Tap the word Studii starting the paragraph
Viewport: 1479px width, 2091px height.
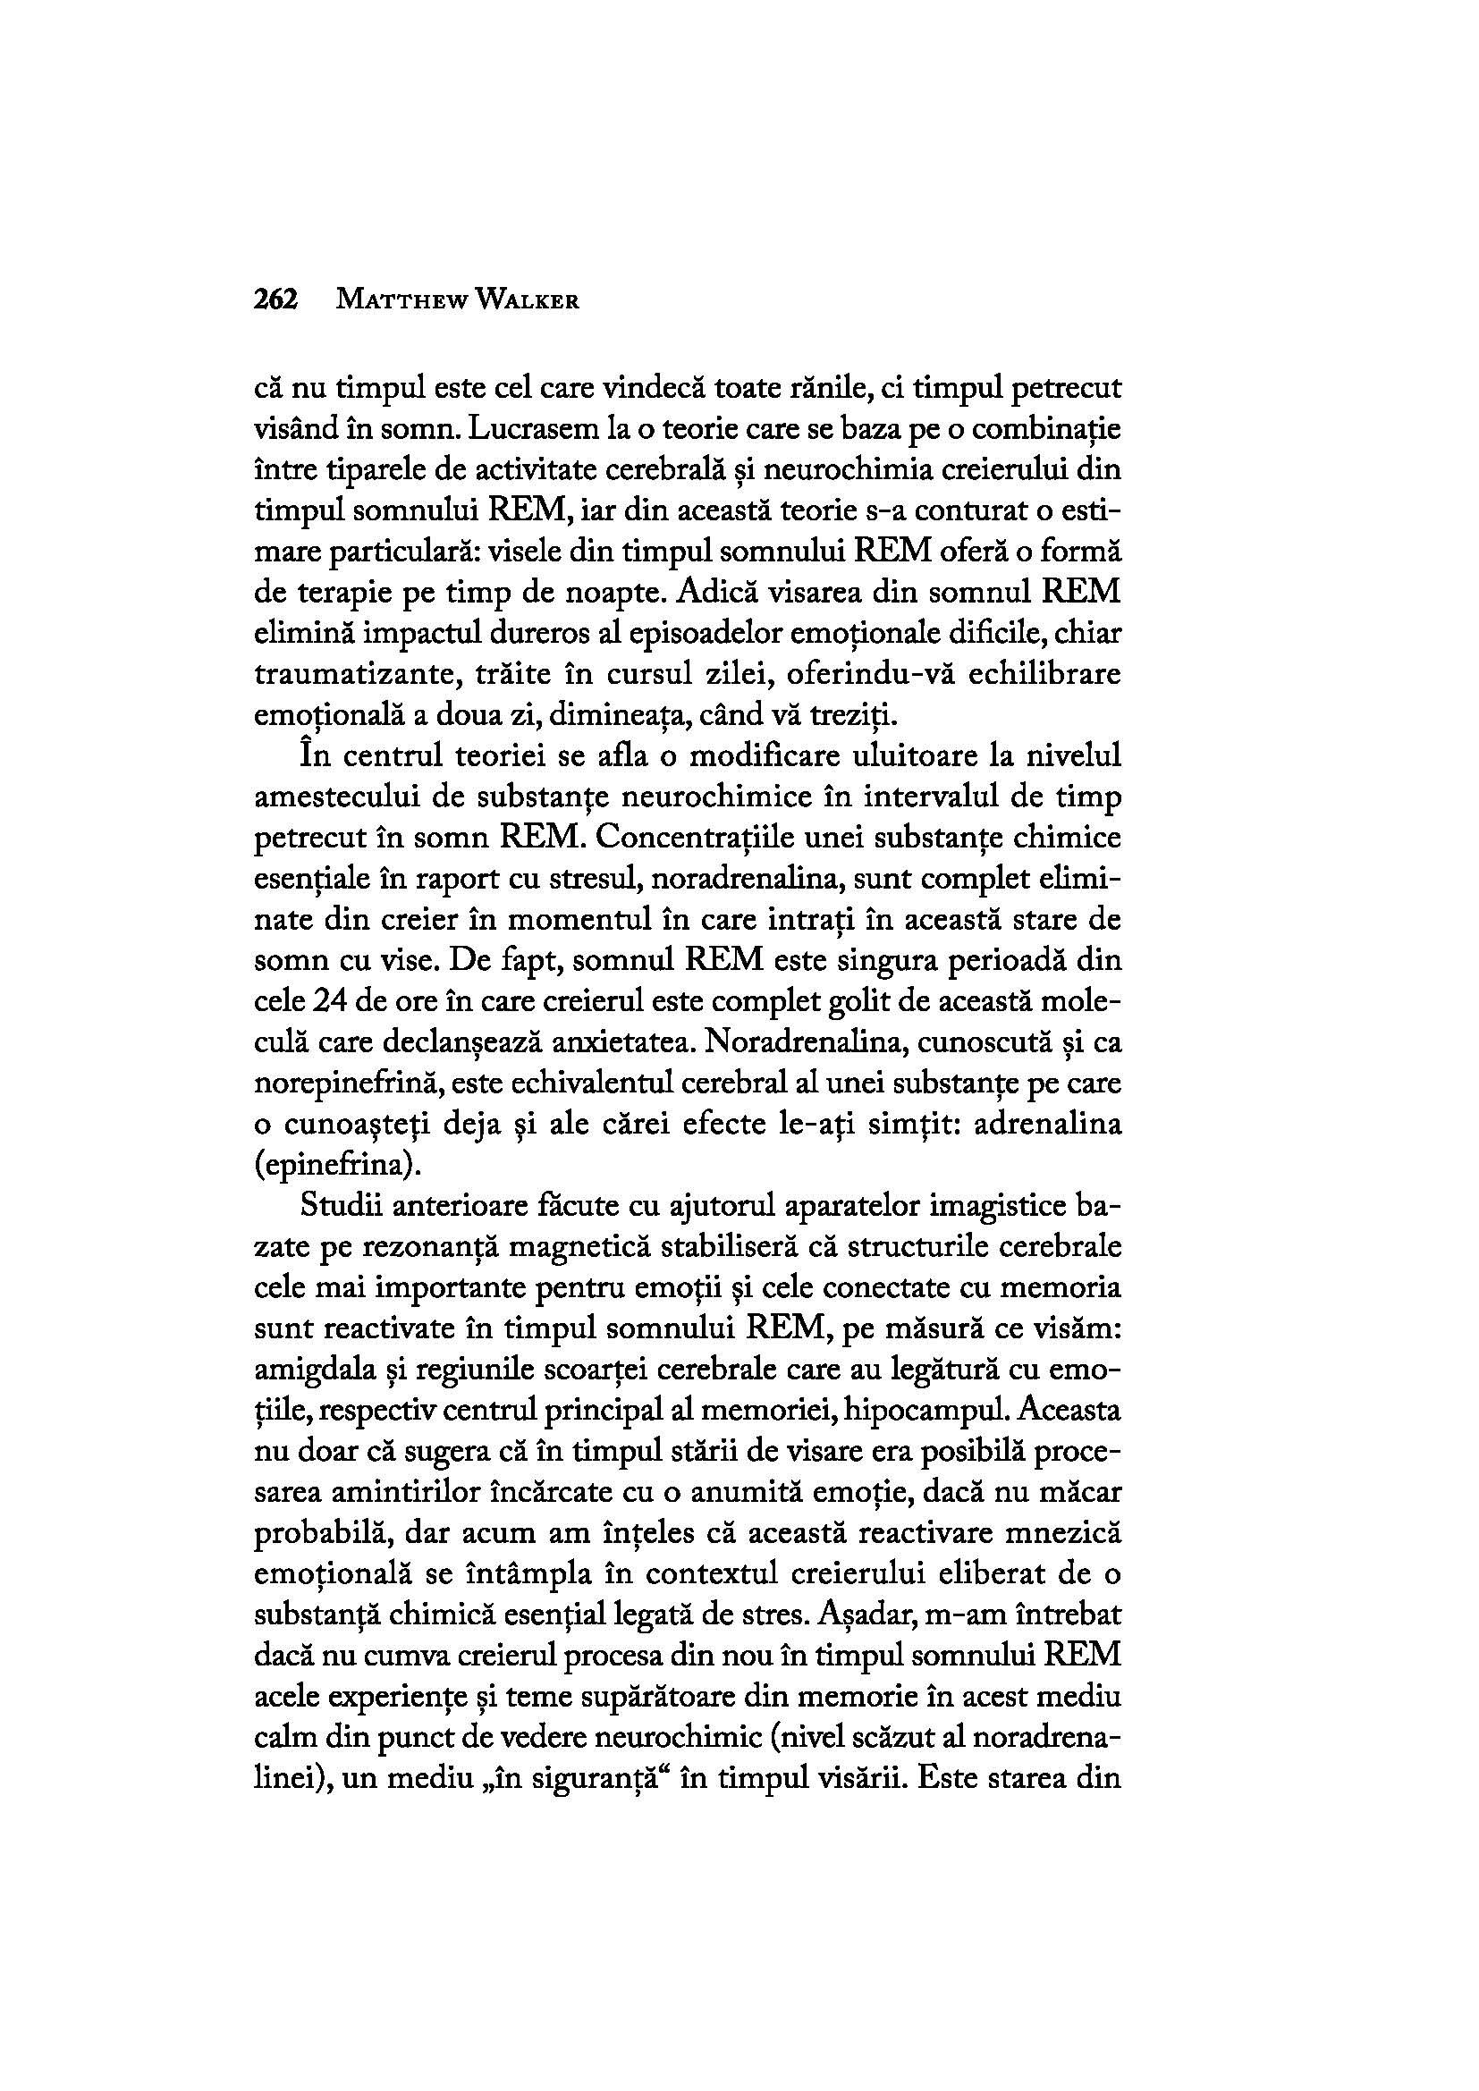(x=338, y=1208)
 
